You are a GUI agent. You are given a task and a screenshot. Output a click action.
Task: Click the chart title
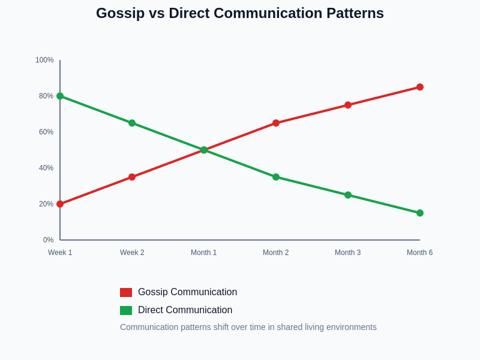[x=240, y=13]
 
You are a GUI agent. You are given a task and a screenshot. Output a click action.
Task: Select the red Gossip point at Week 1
[x=60, y=204]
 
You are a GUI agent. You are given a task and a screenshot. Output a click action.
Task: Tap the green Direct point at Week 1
[x=60, y=96]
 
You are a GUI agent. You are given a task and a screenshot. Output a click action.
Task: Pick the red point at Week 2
[x=132, y=177]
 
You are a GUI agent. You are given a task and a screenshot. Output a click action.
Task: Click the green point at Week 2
[x=132, y=123]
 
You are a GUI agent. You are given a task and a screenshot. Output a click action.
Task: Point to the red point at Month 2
[x=276, y=123]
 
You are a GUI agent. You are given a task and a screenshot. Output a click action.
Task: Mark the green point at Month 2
[x=276, y=177]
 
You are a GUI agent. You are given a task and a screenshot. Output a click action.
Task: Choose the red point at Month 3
[x=348, y=105]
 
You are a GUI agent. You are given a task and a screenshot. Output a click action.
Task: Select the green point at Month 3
[x=348, y=195]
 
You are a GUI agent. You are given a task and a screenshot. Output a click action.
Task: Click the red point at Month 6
[x=420, y=87]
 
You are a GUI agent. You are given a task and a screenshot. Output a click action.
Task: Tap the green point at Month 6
[x=420, y=213]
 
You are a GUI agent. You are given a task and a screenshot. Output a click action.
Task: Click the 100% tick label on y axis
[x=44, y=60]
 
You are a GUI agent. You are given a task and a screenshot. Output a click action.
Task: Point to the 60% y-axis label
[x=46, y=132]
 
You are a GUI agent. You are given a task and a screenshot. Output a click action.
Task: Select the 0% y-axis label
[x=48, y=240]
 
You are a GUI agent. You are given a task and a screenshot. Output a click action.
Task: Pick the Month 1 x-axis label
[x=204, y=253]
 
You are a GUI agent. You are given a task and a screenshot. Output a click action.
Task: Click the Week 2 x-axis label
[x=132, y=253]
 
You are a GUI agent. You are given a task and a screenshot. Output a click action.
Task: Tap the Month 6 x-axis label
[x=419, y=253]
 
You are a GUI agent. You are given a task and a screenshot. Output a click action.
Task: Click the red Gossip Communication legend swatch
[x=126, y=292]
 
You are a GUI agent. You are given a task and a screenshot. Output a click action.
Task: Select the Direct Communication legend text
[x=185, y=310]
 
